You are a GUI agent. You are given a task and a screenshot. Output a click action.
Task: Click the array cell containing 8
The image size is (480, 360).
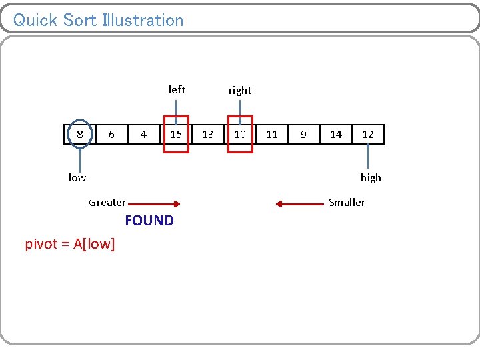coord(80,135)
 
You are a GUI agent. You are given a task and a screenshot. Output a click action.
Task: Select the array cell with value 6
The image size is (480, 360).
coord(112,135)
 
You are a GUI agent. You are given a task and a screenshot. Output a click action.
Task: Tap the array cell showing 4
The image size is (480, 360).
coord(143,135)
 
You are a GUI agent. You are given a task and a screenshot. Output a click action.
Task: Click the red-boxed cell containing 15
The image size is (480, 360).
coord(176,135)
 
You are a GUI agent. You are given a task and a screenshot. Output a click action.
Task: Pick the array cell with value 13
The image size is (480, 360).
coord(208,135)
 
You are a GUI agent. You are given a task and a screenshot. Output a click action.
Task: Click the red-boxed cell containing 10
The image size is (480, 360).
coord(240,135)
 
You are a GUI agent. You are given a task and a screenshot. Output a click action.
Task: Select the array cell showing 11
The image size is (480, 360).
coord(272,135)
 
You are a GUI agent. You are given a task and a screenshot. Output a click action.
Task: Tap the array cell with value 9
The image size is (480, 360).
coord(303,135)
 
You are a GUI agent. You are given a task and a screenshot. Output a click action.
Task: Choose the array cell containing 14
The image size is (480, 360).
coord(336,135)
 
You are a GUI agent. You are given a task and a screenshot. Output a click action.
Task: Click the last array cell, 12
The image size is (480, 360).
coord(368,135)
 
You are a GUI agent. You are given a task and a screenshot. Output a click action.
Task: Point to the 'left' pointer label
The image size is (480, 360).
coord(177,89)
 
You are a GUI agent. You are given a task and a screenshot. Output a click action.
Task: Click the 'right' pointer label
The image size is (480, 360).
coord(240,90)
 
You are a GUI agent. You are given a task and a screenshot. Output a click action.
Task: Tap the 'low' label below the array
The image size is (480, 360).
coord(77,177)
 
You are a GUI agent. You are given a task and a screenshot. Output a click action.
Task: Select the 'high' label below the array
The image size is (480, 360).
coord(371,177)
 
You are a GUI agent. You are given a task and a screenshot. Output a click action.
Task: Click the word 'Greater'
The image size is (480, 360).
coord(107,203)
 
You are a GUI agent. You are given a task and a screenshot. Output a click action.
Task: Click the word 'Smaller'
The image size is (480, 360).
coord(347,202)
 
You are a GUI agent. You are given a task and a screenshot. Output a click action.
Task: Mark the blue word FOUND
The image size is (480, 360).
coord(149,221)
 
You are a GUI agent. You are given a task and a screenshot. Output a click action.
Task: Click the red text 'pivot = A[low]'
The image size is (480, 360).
coord(70,244)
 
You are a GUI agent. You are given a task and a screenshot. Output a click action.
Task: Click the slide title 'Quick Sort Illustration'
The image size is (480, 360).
coord(98,20)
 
